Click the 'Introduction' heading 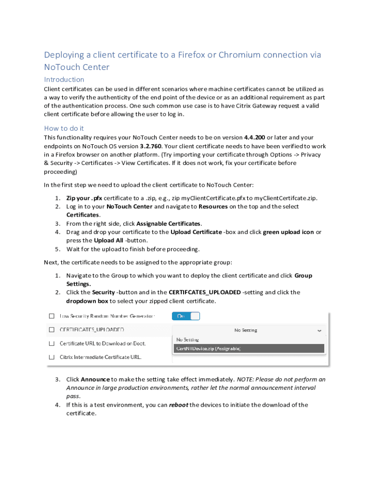coord(64,80)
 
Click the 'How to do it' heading coord(64,128)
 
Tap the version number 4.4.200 coord(254,137)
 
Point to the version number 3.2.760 coord(152,146)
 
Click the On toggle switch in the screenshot coord(186,316)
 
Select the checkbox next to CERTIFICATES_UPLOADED coord(51,330)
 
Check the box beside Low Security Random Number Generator coord(51,316)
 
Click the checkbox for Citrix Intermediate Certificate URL coord(51,357)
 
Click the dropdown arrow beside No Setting coord(319,330)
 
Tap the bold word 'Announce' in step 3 coord(95,380)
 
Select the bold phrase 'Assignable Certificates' coord(169,224)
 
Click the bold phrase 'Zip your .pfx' coord(84,198)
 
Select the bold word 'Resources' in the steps coord(213,206)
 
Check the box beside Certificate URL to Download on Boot coord(51,343)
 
